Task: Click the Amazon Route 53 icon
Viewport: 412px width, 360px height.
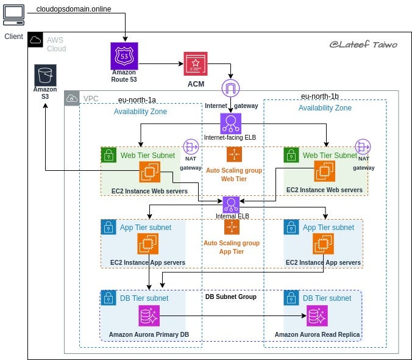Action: pos(124,56)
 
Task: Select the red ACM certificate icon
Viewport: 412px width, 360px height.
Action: pos(195,63)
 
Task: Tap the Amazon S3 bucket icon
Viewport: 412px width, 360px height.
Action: pos(45,76)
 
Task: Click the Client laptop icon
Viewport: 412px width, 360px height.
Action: pos(13,13)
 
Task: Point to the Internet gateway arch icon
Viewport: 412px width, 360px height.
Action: pos(231,88)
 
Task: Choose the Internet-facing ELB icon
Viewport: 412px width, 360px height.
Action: pos(231,123)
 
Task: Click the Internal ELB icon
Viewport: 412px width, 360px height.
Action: pos(231,204)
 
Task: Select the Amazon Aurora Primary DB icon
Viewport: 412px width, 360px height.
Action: pos(149,316)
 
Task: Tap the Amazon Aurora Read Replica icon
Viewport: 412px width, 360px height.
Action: pos(317,316)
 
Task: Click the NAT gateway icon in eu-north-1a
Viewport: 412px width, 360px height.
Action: pos(191,147)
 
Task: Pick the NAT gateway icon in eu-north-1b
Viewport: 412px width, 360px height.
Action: pos(364,147)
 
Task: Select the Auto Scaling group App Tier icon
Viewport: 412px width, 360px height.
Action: pos(232,226)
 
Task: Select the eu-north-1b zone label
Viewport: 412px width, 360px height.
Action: pos(319,96)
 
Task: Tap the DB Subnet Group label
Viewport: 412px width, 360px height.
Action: pos(230,297)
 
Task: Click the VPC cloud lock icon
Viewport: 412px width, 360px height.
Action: pos(72,98)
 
